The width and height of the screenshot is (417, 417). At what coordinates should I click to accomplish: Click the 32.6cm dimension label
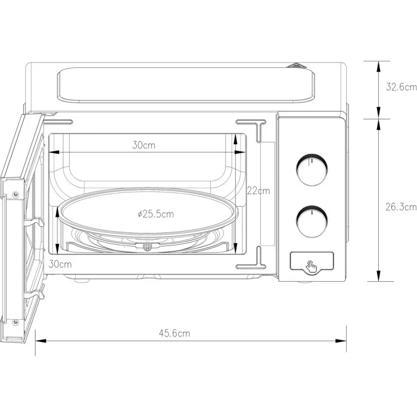[x=397, y=87]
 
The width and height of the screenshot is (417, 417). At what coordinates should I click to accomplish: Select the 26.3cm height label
[x=397, y=207]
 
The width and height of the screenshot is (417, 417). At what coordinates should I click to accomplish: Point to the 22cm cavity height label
[x=259, y=191]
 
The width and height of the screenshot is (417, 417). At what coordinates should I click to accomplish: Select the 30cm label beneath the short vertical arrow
[x=60, y=263]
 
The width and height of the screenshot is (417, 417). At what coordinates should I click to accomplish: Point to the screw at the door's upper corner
[x=15, y=194]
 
